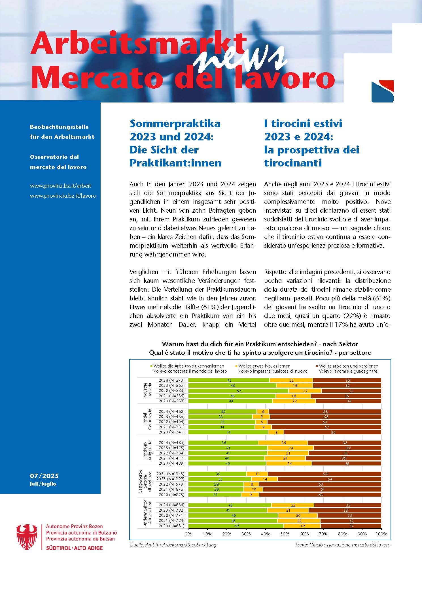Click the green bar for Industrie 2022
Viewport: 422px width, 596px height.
tap(238, 391)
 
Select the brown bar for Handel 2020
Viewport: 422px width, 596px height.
tap(332, 432)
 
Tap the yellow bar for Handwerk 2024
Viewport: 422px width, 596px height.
tap(283, 443)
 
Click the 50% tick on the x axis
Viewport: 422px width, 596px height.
tap(285, 534)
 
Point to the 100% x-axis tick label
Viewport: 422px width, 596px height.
tap(381, 534)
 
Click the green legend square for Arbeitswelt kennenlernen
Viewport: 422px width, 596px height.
tap(151, 366)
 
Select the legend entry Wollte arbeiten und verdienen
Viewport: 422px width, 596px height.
tap(348, 366)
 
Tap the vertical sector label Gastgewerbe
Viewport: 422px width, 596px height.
tap(140, 482)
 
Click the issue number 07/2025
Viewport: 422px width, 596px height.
tap(44, 476)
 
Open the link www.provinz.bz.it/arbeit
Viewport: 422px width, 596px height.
tap(60, 186)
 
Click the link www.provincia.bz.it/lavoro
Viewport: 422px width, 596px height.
tap(63, 196)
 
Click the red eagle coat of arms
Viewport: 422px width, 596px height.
tap(27, 537)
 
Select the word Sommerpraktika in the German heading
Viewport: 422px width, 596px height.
tap(175, 123)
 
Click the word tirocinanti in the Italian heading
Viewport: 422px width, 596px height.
tap(293, 163)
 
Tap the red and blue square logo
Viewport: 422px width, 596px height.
tap(382, 91)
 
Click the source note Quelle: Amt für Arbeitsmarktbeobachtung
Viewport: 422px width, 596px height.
tap(173, 545)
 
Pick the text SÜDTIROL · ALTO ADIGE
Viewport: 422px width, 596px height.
tap(74, 548)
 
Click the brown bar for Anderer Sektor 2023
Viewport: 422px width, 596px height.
tap(345, 510)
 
